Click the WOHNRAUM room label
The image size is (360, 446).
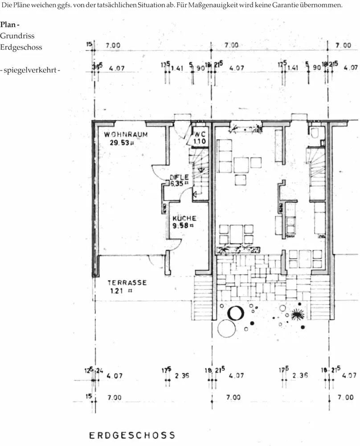(126, 134)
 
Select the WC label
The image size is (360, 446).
(199, 134)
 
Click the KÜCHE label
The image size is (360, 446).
(184, 218)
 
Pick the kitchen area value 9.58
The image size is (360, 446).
(183, 225)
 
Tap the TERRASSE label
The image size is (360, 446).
(127, 283)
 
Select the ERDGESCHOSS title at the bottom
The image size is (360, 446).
(132, 435)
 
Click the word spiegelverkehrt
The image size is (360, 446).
(30, 70)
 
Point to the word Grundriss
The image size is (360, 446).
(17, 36)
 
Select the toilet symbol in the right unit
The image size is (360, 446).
(315, 133)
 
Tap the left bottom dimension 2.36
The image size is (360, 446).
(182, 376)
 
